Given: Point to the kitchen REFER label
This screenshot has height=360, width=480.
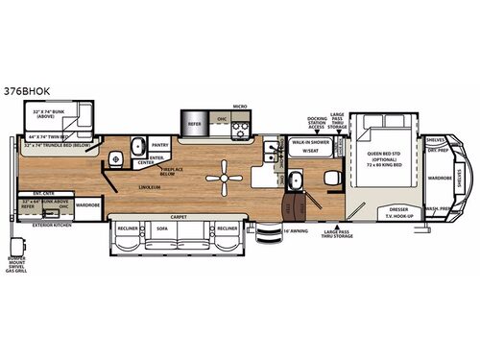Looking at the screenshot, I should tap(193, 123).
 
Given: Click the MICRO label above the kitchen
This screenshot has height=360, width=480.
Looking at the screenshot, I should tap(240, 108).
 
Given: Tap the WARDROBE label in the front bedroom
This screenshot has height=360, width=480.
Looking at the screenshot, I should tap(441, 178).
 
